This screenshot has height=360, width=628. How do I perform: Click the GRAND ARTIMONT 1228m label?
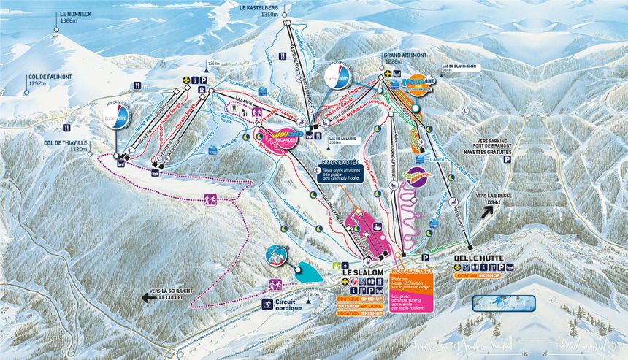click(402, 58)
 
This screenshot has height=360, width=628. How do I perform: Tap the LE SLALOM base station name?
click(363, 272)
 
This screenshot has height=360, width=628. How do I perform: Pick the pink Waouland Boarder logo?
click(280, 137)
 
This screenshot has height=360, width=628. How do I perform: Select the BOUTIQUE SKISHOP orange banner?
click(360, 299)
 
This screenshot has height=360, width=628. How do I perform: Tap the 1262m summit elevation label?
click(213, 64)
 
